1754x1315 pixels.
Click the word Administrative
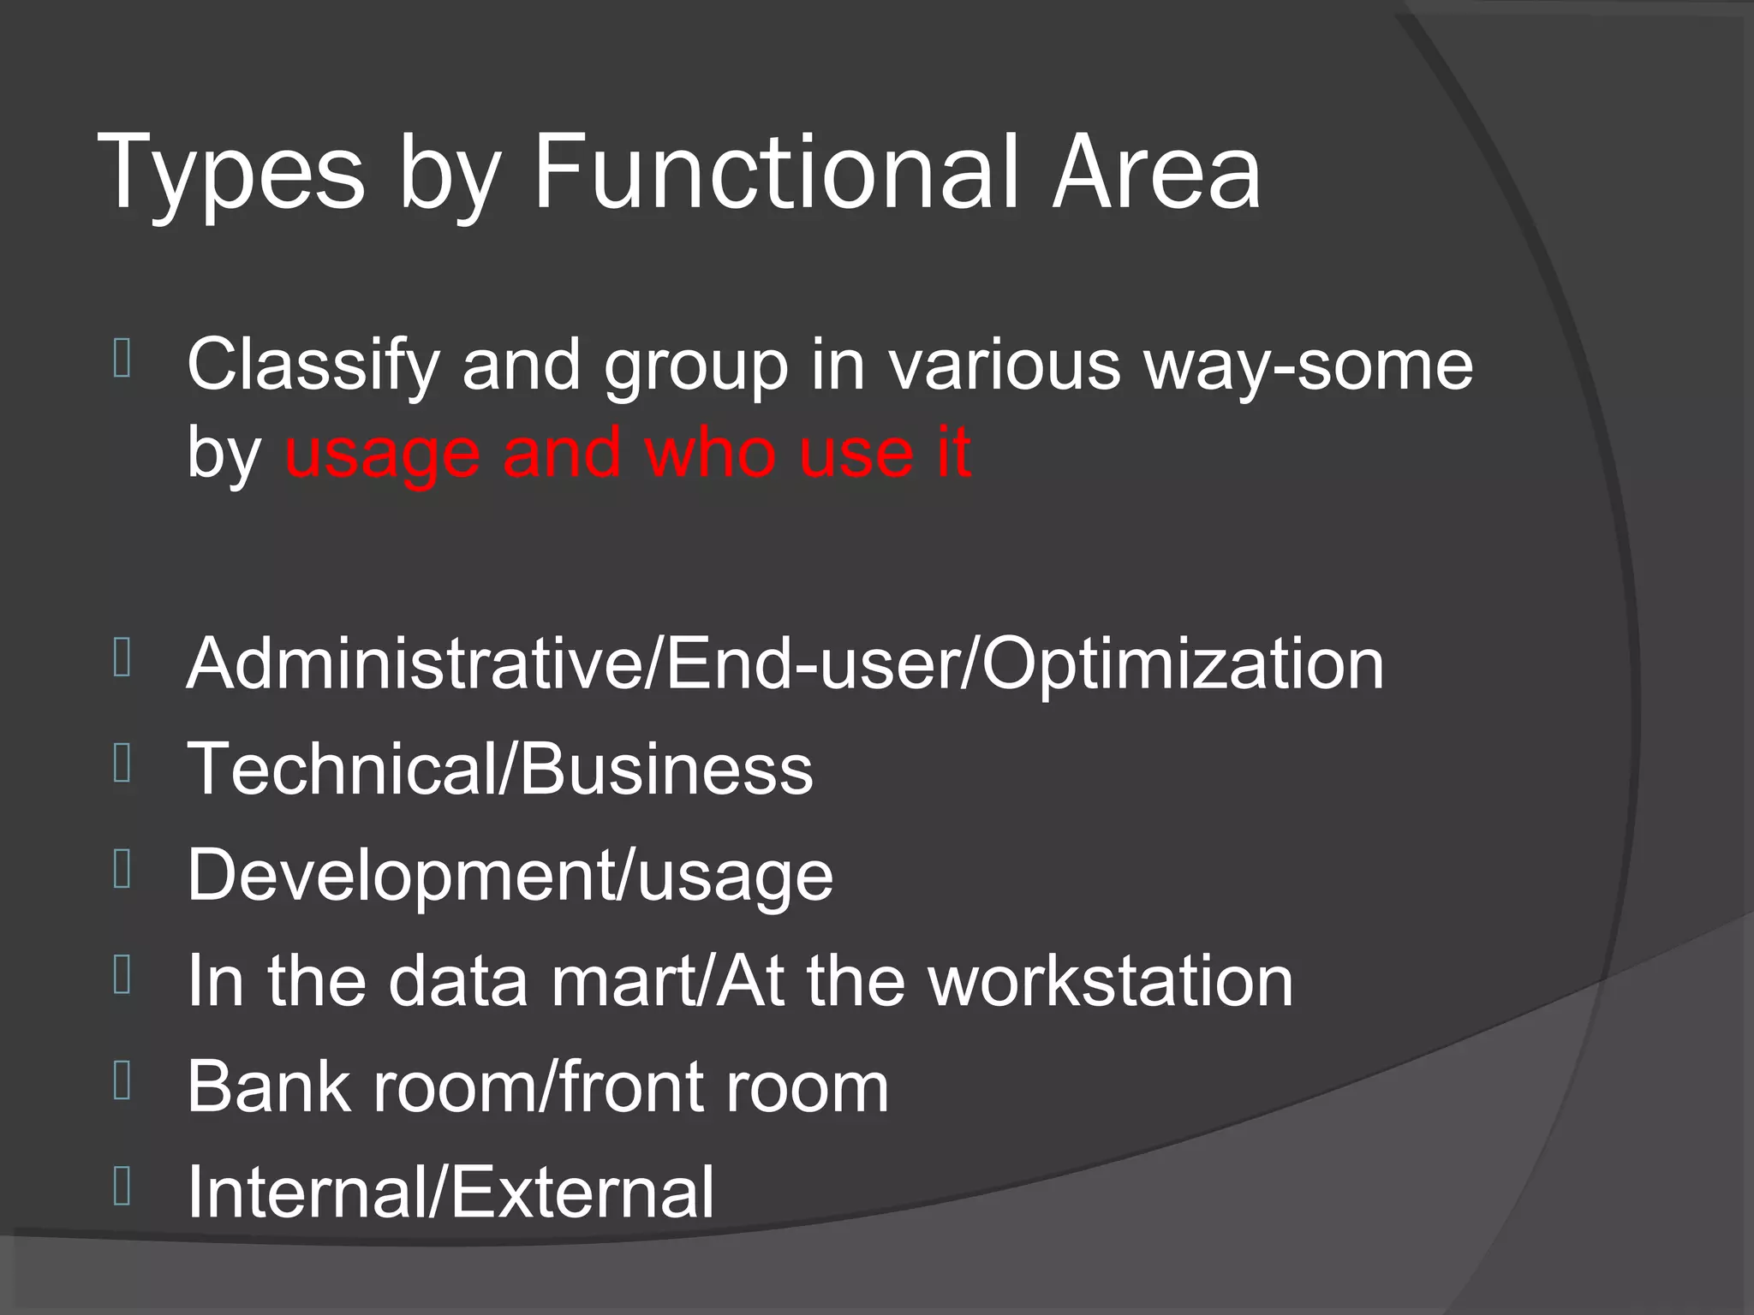coord(414,664)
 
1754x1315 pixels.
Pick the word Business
coord(666,769)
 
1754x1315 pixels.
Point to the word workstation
coord(1111,981)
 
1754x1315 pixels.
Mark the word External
coord(582,1192)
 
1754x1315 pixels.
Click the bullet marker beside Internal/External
coord(122,1187)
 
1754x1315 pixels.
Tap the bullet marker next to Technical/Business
coord(122,764)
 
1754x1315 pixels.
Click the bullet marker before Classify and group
coord(122,360)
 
